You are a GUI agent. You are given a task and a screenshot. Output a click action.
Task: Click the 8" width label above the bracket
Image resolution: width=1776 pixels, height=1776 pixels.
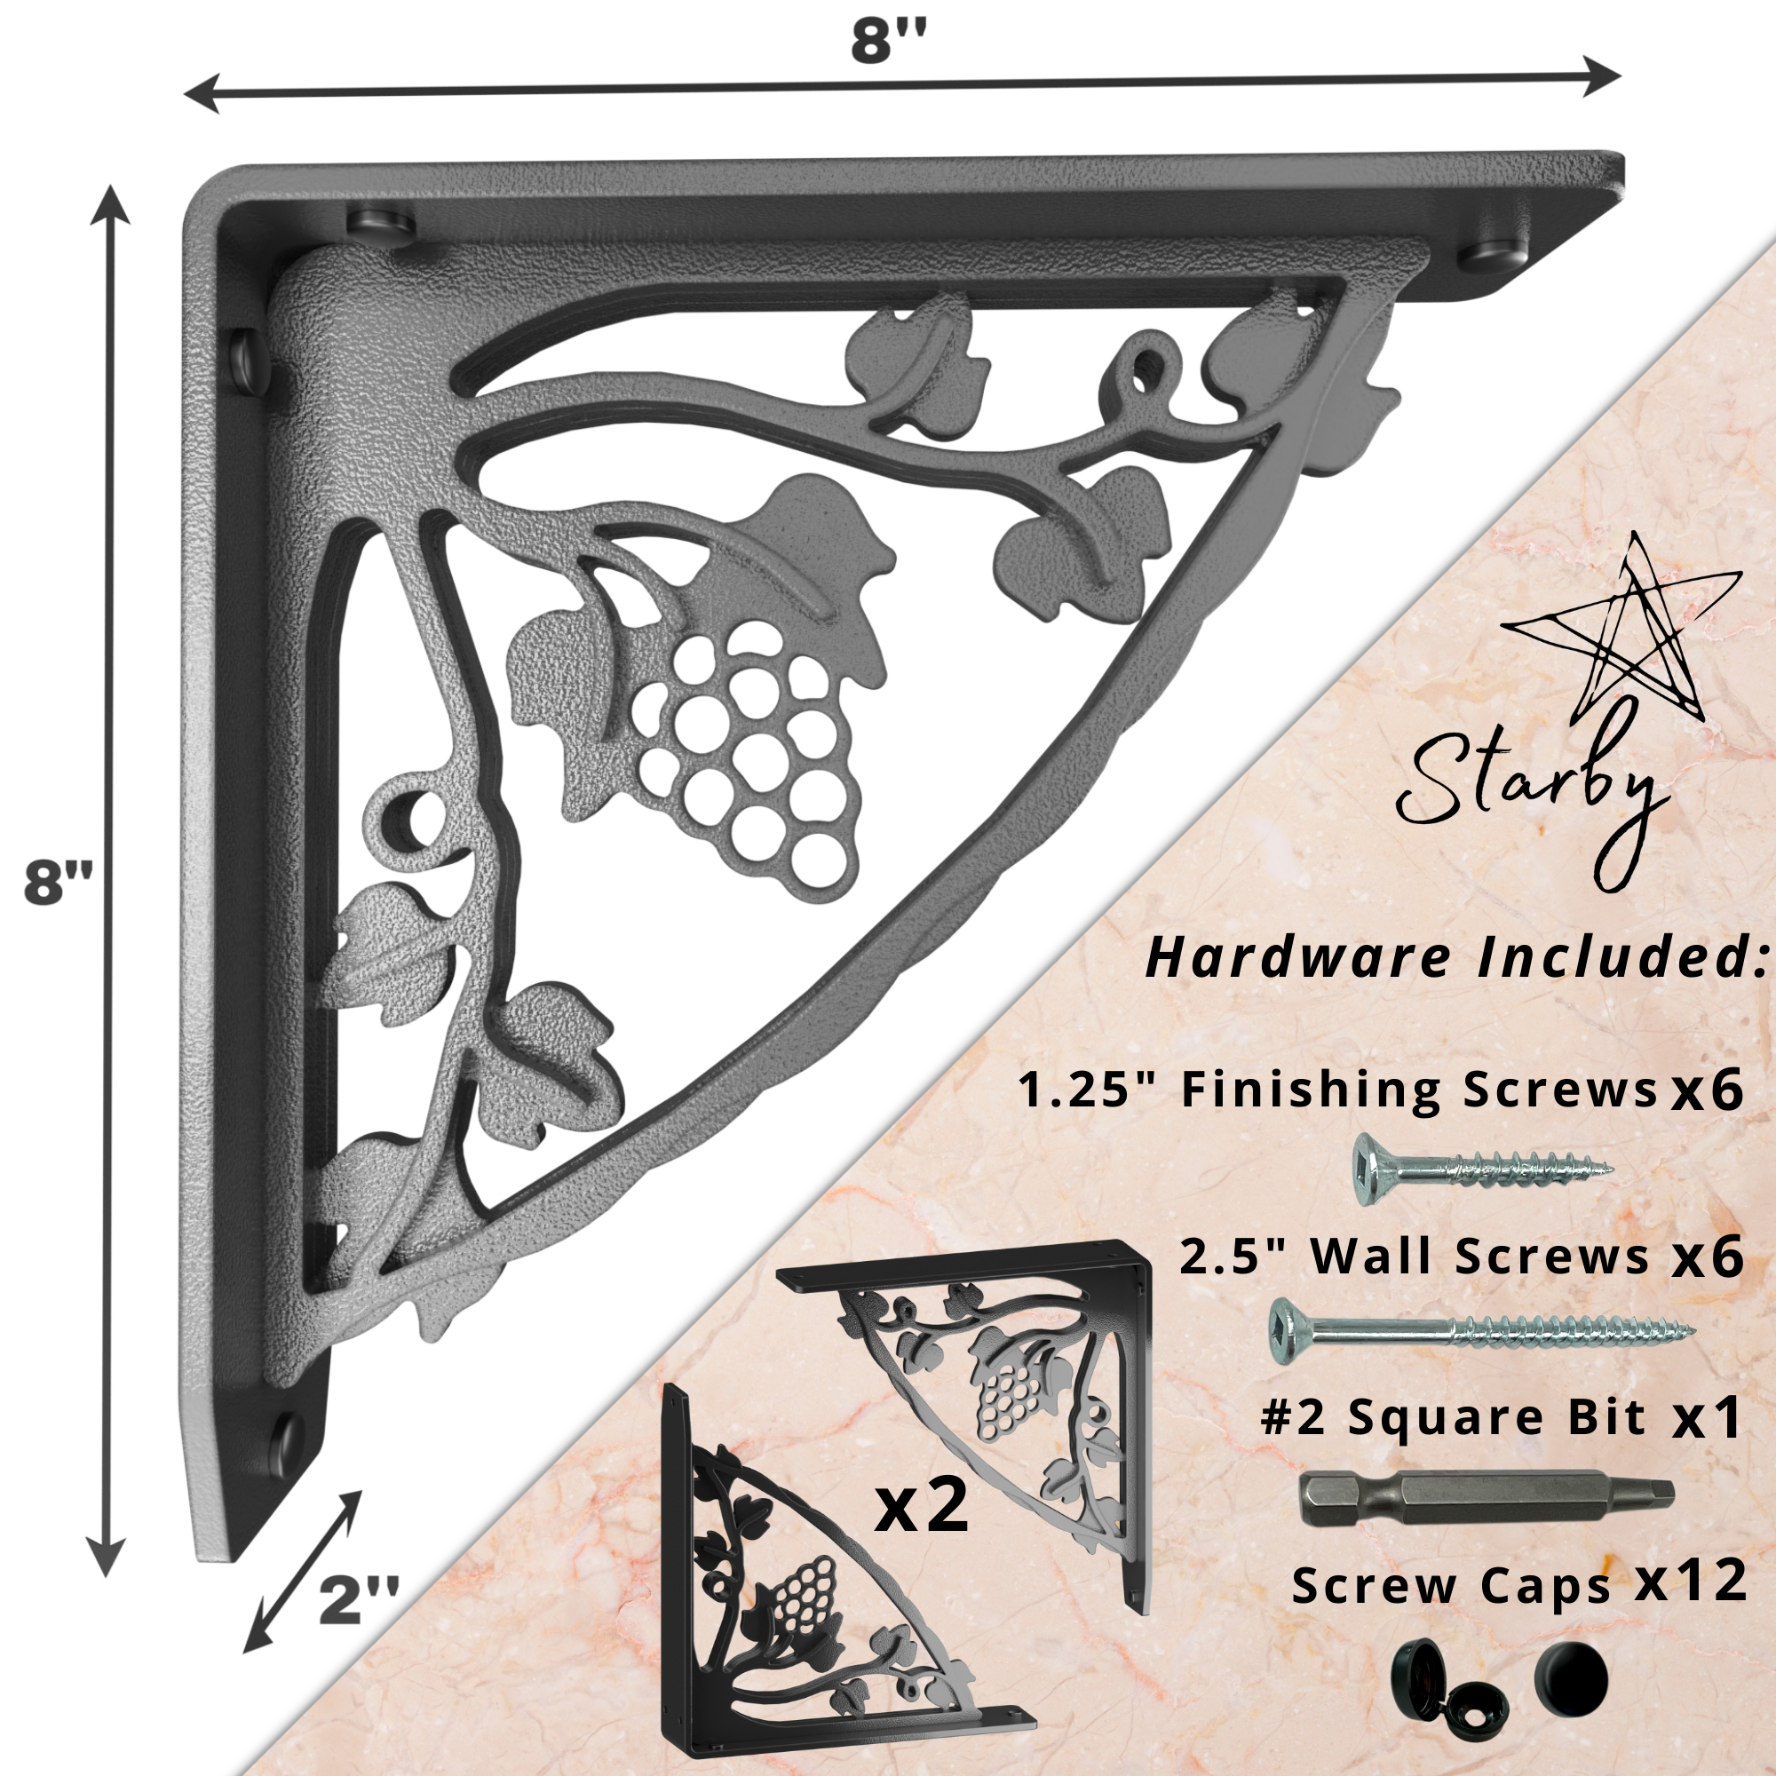888,42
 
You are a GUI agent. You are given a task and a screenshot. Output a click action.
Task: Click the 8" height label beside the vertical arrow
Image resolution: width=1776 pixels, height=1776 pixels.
59,884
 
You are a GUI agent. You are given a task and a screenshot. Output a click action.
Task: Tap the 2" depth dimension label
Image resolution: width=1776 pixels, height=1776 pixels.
359,1600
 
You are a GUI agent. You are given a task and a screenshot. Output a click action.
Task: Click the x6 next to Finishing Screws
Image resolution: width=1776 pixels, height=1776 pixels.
1707,1090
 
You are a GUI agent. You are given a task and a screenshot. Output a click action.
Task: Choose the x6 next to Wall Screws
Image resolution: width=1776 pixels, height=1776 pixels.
1707,1257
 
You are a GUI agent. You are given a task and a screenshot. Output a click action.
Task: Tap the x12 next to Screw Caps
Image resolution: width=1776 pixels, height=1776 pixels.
1691,1582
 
